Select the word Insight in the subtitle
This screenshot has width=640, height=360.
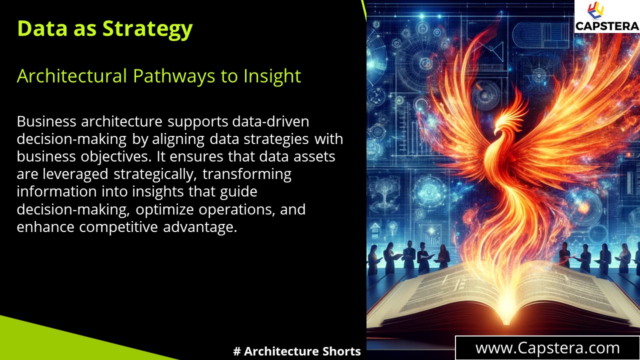tap(272, 76)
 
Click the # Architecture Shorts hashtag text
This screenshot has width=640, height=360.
tap(297, 351)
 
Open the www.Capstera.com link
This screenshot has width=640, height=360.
tap(547, 348)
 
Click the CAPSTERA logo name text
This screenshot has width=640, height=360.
tap(607, 25)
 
